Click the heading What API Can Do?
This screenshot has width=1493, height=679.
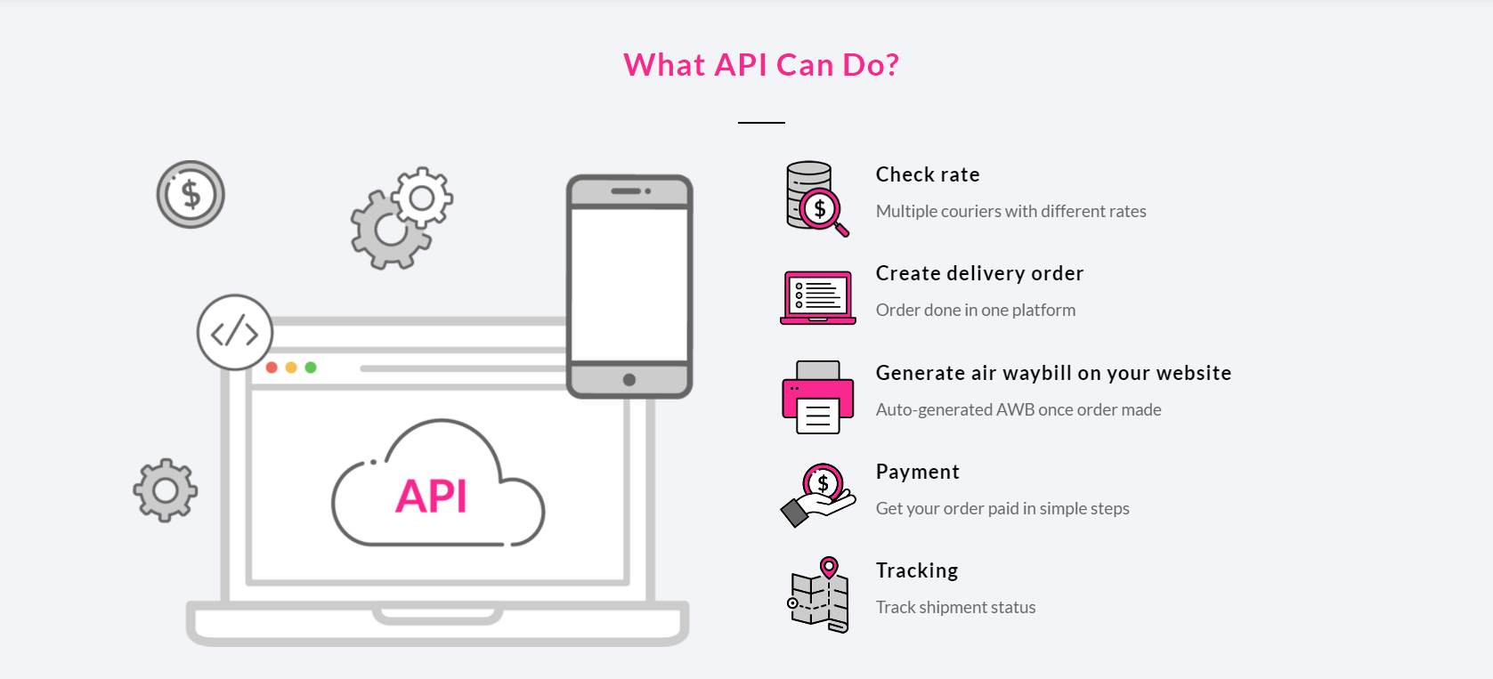pos(761,65)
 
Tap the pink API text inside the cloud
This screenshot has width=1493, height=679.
pos(432,496)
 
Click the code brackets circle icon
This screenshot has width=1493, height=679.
pos(235,333)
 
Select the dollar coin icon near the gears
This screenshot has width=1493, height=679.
pos(191,194)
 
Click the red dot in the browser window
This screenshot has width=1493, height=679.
pos(272,368)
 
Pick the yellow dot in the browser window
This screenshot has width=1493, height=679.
pos(291,368)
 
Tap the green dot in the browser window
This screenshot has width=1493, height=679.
pos(311,368)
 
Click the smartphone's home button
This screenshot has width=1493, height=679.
pos(629,380)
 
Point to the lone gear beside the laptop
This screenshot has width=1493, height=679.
pos(166,490)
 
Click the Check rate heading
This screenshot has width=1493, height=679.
pos(928,174)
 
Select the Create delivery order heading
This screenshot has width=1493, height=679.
pos(979,273)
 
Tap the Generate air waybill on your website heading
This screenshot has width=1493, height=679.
pos(1053,373)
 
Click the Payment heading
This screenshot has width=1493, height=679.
pos(917,472)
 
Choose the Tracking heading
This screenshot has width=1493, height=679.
pos(917,570)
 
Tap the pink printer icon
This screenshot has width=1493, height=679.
pos(817,397)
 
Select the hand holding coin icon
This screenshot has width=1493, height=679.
pos(818,494)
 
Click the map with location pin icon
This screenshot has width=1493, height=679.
pos(820,594)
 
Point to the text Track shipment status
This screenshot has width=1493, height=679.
pos(955,607)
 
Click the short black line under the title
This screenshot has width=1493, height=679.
pos(761,122)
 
